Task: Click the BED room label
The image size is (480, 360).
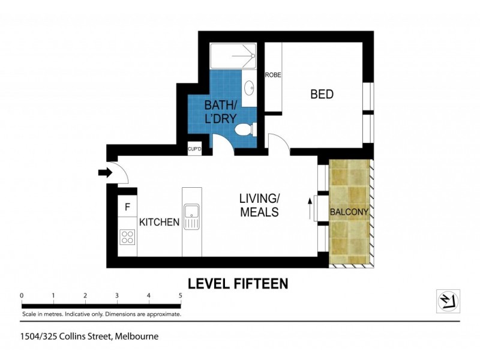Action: tap(322, 94)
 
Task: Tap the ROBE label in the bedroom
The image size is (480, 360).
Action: tap(274, 75)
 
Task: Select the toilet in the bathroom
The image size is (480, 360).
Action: tap(245, 129)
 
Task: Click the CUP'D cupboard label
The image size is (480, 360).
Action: tap(195, 149)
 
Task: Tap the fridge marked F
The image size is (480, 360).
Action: tap(127, 208)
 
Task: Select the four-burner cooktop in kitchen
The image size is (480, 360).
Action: tap(127, 237)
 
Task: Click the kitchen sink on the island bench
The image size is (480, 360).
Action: tap(192, 212)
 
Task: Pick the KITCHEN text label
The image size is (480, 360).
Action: tap(160, 222)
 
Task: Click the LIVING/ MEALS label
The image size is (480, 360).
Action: tap(259, 205)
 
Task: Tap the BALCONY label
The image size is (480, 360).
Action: tap(349, 212)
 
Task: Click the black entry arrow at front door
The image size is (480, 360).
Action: tap(105, 173)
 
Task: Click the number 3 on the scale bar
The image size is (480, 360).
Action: tap(117, 295)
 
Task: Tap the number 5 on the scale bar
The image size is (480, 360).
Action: tap(180, 295)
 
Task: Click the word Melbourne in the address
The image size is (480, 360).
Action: tap(137, 337)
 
